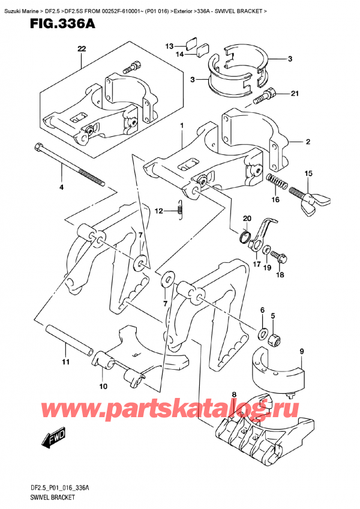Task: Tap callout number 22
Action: pyautogui.click(x=82, y=49)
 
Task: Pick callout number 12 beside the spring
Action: pyautogui.click(x=158, y=210)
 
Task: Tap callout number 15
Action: pyautogui.click(x=308, y=173)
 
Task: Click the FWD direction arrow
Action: pyautogui.click(x=52, y=443)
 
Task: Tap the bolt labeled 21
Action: pyautogui.click(x=264, y=94)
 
